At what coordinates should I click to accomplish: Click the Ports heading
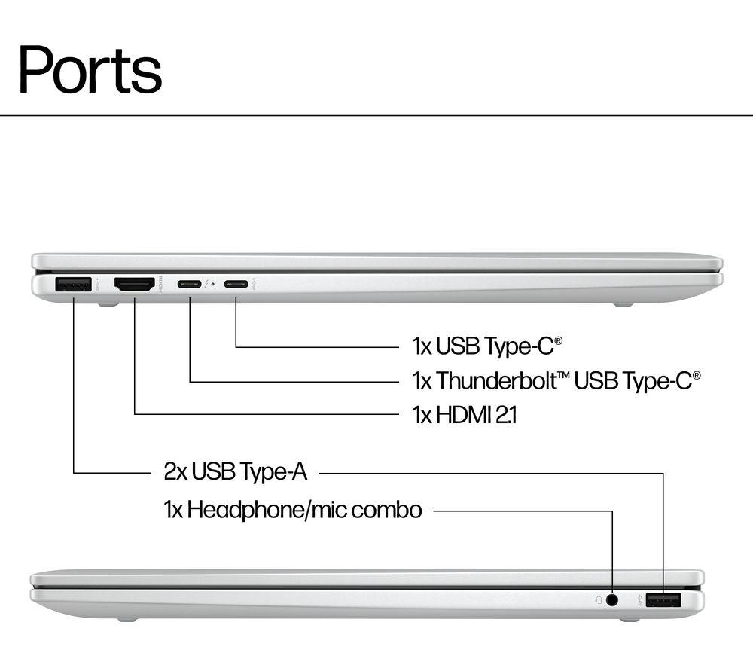pos(90,69)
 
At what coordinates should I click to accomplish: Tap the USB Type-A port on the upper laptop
pos(74,285)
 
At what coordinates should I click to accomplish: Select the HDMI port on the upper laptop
pos(134,285)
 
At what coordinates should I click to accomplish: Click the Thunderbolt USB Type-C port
pos(189,285)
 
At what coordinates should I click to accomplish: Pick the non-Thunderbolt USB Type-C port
pos(236,285)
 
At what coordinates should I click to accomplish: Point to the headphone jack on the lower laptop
pos(612,600)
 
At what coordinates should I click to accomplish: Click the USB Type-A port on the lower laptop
pos(663,600)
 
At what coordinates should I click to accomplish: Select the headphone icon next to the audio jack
pos(598,600)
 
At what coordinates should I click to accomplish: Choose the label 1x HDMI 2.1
pos(465,415)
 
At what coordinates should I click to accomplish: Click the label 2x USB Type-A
pos(236,472)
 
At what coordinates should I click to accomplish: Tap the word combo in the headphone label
pos(386,510)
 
